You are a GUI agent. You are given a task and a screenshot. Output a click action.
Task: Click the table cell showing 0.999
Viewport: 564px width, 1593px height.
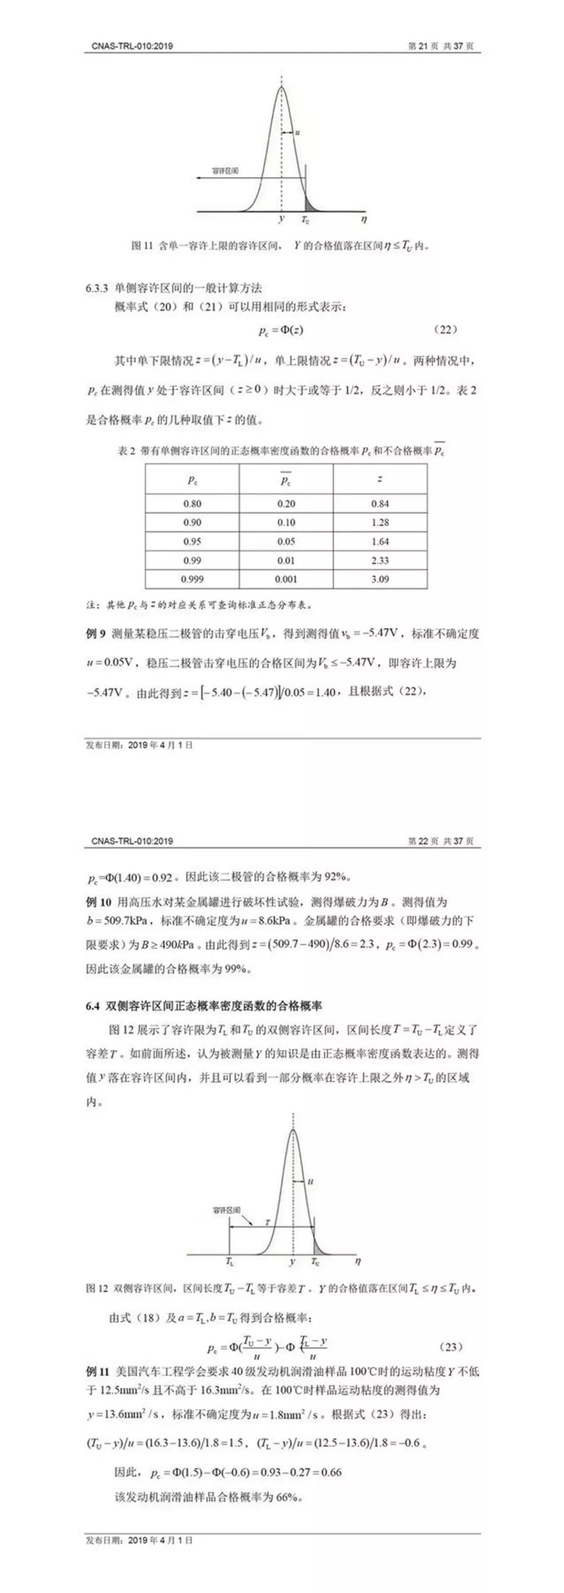point(192,579)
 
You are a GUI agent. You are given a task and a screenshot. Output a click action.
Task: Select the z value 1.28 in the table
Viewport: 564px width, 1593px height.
point(380,522)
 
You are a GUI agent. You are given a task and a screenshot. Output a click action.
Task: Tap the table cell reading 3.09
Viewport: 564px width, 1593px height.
point(380,579)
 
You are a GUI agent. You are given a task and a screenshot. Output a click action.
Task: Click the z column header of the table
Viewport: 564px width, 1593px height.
point(380,479)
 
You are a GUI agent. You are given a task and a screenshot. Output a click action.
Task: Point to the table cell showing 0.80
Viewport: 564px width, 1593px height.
point(192,503)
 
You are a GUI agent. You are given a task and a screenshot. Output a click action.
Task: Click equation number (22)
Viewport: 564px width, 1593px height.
point(446,330)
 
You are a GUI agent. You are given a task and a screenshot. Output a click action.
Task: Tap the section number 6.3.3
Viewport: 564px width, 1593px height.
point(98,287)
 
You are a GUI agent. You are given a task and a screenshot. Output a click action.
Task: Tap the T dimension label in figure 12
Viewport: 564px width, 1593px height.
point(267,1223)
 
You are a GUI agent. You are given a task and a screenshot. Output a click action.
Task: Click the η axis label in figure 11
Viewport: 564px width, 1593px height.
point(364,219)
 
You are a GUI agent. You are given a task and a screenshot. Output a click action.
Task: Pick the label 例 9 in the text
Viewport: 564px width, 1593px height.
point(97,633)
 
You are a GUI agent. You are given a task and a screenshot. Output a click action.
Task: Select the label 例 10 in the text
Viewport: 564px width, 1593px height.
point(98,902)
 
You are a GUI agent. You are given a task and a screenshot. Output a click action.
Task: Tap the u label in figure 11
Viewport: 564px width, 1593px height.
point(298,132)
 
